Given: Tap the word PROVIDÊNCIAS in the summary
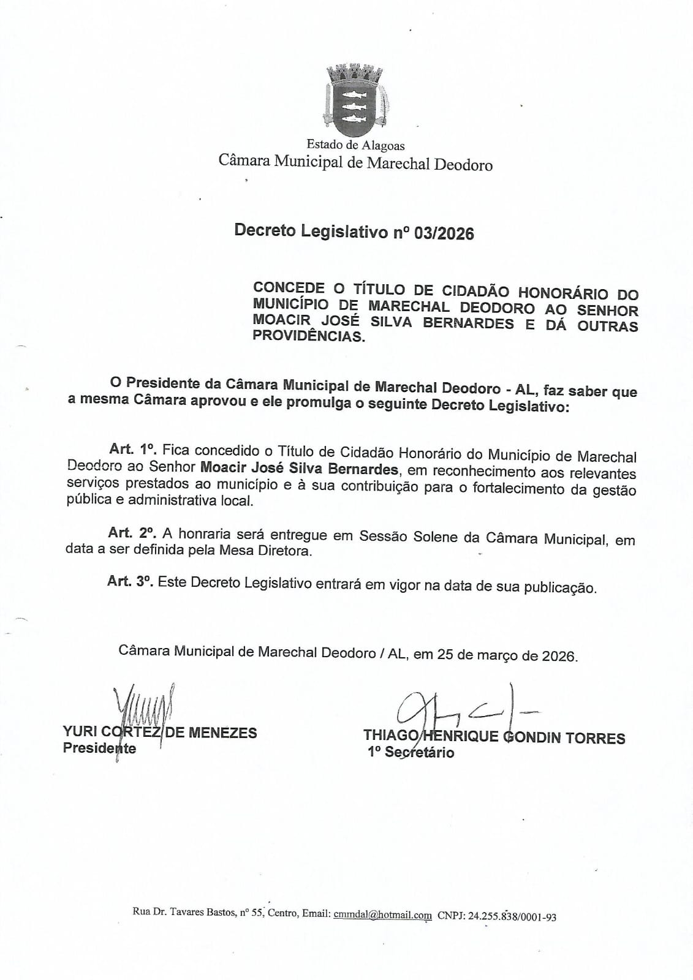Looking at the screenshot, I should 308,336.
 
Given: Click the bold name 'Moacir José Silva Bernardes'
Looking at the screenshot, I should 299,469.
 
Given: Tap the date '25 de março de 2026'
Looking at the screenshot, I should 507,655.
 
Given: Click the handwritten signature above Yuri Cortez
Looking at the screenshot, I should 143,710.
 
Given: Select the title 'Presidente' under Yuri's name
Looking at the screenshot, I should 99,748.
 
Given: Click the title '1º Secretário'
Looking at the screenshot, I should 411,752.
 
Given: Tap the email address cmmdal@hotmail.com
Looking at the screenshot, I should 382,914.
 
